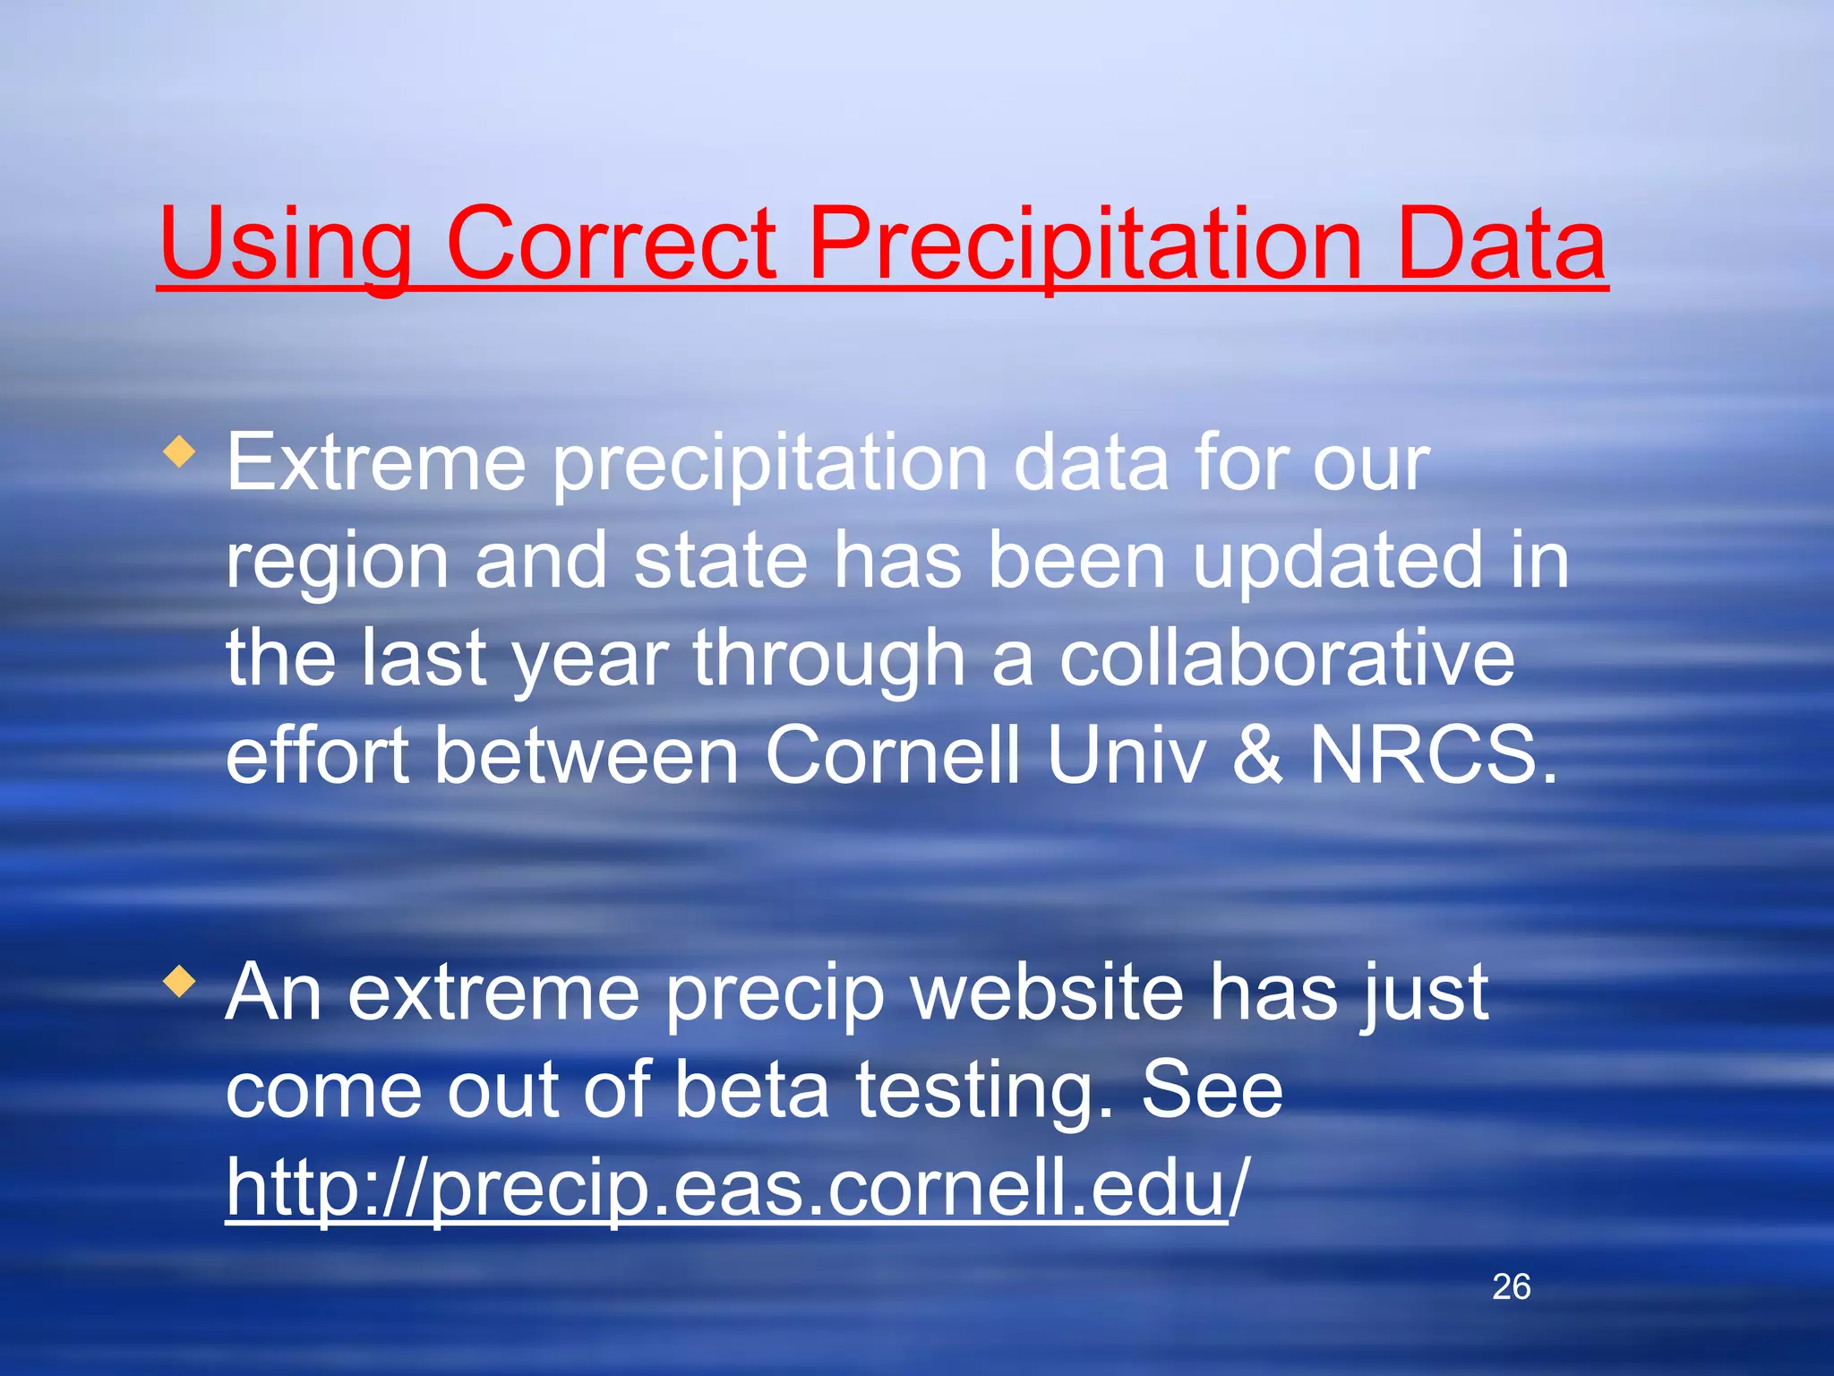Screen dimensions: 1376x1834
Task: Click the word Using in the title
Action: coord(285,244)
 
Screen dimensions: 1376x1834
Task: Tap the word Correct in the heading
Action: coord(611,244)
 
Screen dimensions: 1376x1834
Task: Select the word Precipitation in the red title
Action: coord(1084,244)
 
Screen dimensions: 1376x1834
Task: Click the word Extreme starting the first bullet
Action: coord(376,463)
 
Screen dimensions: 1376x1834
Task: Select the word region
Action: coord(337,562)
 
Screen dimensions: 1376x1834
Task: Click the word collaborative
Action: coord(1287,658)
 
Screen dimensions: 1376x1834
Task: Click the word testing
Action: coord(983,1093)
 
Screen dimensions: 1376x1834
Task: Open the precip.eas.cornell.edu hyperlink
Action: coord(725,1189)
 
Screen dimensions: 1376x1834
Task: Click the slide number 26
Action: coord(1511,1287)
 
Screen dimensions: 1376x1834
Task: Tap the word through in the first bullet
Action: coord(828,660)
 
